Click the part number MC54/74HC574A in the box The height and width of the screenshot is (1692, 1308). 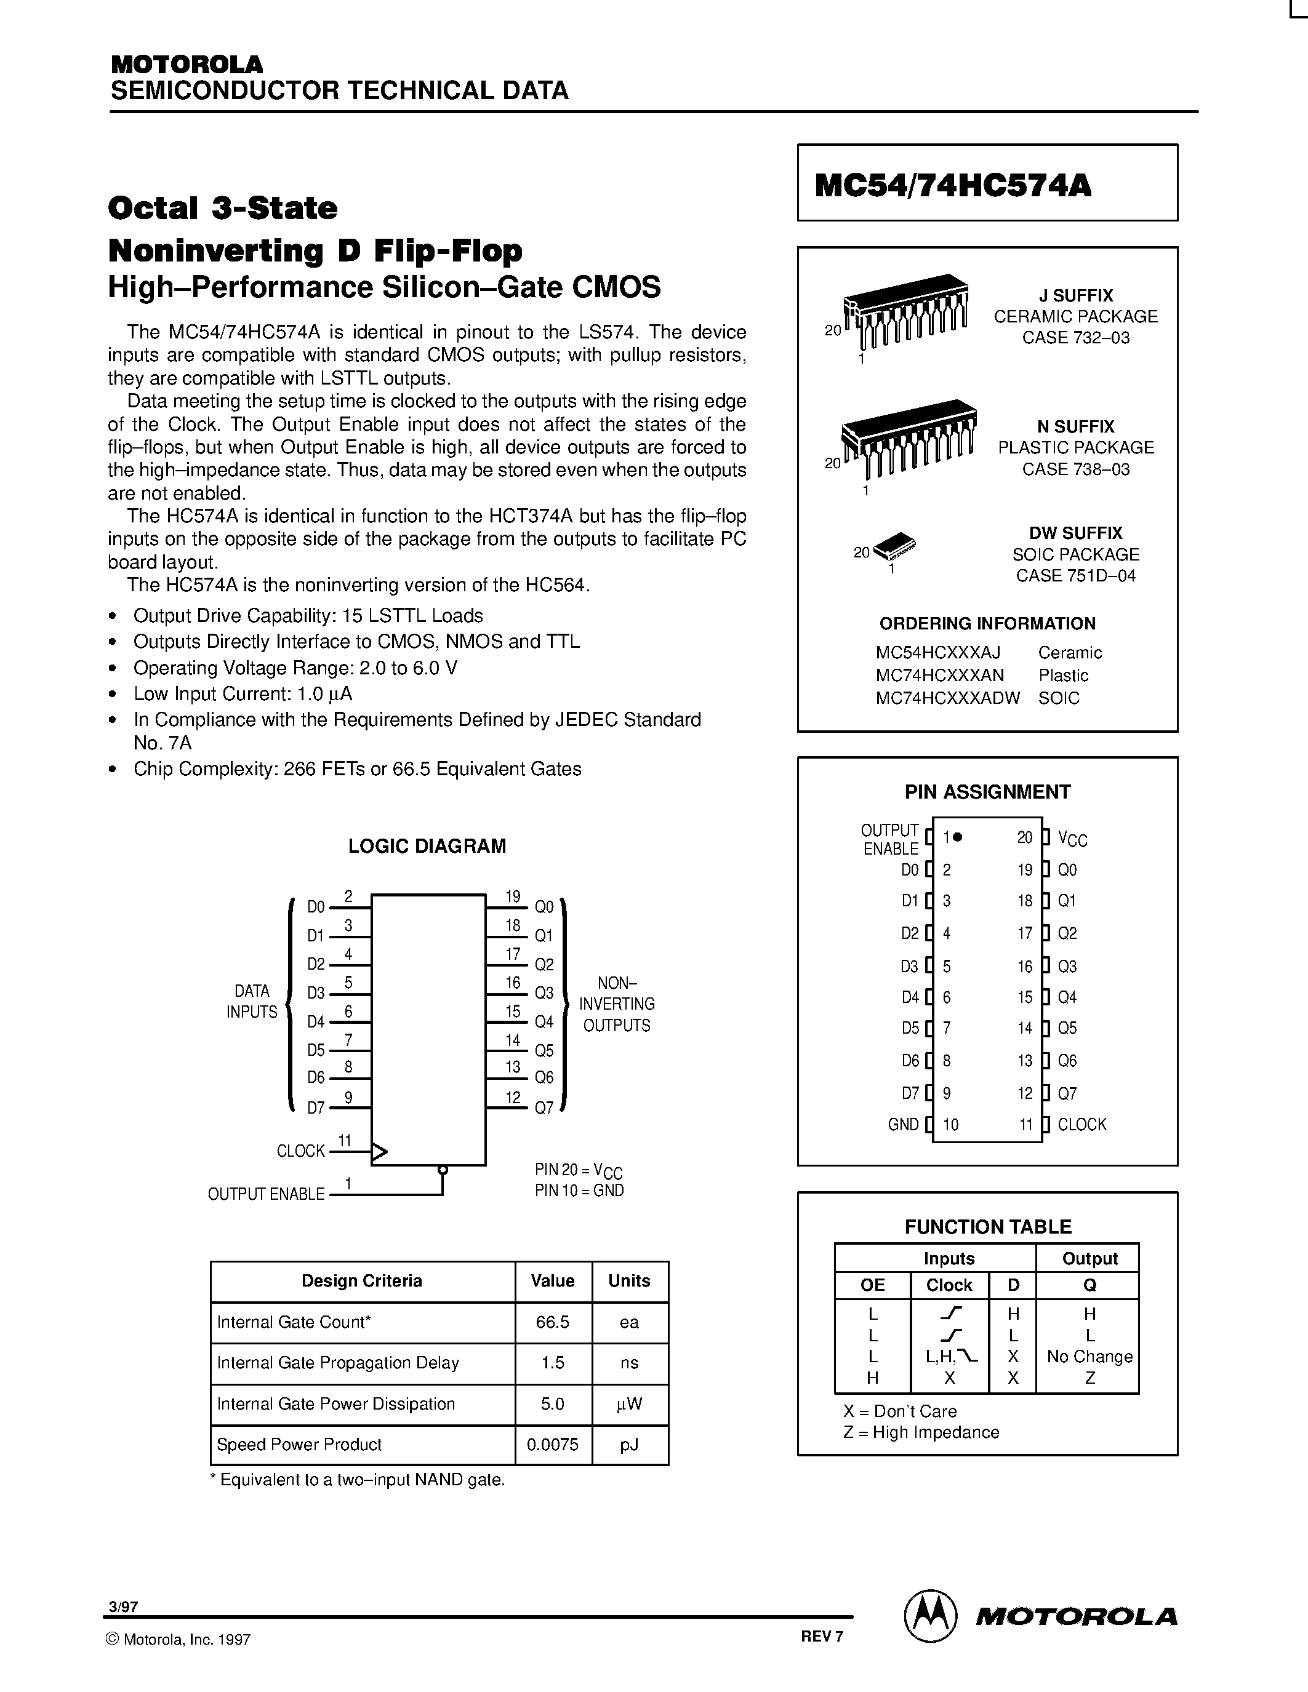(x=952, y=185)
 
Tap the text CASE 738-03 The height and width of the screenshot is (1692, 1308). (x=1075, y=469)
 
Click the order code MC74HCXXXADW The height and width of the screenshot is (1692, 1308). (x=947, y=698)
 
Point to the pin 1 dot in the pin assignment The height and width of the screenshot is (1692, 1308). (x=958, y=837)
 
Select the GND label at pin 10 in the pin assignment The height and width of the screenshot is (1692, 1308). (x=903, y=1125)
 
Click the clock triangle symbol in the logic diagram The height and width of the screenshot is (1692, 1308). (x=379, y=1152)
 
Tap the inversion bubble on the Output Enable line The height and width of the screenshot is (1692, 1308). (x=443, y=1170)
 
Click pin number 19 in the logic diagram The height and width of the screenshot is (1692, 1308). (x=513, y=897)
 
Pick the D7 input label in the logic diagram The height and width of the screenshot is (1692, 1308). (x=315, y=1109)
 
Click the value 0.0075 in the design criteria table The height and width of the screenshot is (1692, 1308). (x=553, y=1445)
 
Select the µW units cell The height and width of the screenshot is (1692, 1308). (x=629, y=1404)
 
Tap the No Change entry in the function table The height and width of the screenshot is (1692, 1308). (x=1089, y=1357)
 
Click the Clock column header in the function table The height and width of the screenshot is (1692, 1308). (x=949, y=1285)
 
